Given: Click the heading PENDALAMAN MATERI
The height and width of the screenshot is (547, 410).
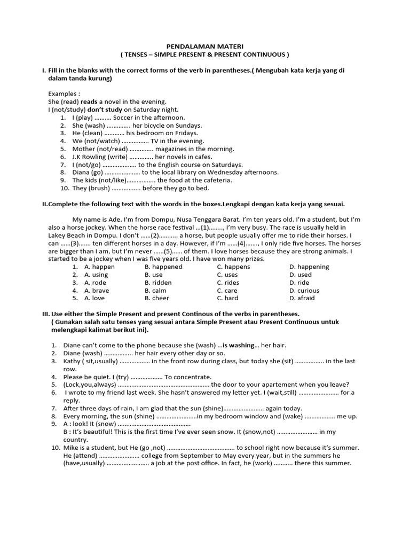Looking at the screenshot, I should (204, 46).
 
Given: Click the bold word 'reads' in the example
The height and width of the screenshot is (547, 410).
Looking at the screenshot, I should (89, 101).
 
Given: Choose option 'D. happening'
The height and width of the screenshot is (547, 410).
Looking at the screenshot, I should (309, 267).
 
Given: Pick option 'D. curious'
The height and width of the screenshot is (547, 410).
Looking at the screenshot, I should (304, 291).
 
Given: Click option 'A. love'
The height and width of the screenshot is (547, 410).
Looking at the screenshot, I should (94, 298).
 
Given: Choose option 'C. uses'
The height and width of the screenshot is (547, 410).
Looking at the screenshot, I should (227, 275).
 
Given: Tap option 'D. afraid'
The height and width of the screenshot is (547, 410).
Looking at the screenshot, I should (302, 298).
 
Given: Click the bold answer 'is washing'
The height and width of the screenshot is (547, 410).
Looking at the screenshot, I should (238, 346).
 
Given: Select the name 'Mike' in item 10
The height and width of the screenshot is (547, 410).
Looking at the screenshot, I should (72, 448).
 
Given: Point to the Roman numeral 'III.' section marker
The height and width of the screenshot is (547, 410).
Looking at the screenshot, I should (46, 314).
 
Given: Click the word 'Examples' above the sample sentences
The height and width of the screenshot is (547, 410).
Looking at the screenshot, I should (63, 93).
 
